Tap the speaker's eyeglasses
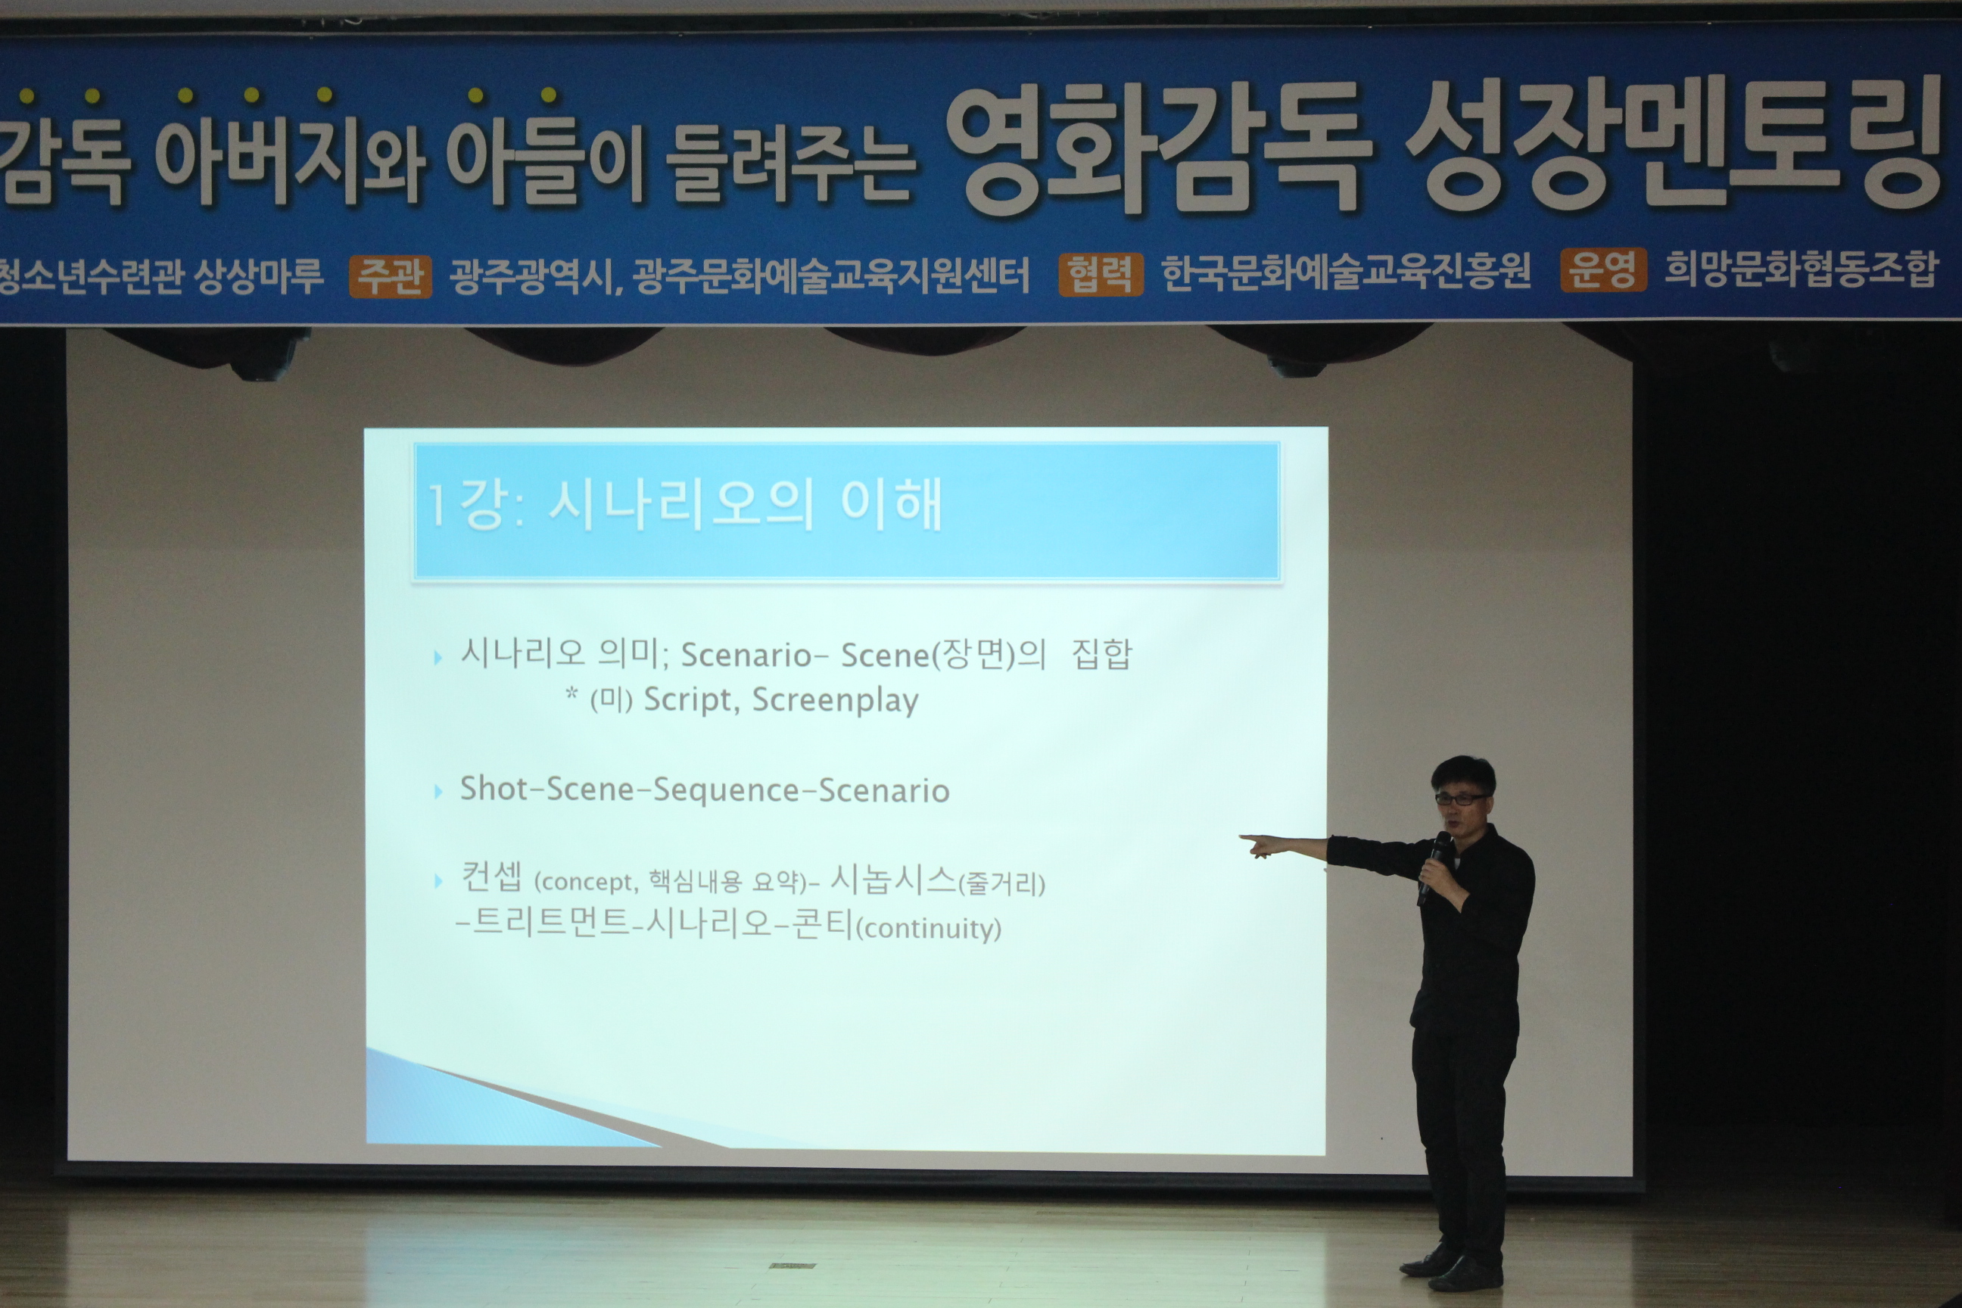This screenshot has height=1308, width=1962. [x=1461, y=799]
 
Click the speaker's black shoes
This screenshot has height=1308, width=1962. [x=1452, y=1267]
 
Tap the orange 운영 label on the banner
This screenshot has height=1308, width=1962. [x=1603, y=270]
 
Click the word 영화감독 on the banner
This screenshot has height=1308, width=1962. [x=1159, y=150]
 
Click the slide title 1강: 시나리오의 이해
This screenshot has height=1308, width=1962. [x=685, y=505]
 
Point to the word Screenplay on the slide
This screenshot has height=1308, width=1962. [x=835, y=701]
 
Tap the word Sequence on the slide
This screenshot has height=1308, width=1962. [x=725, y=790]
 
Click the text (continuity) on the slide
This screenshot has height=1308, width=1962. [x=929, y=930]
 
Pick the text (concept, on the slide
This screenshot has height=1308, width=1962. [x=586, y=883]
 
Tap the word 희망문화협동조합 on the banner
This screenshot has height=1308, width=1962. [x=1801, y=269]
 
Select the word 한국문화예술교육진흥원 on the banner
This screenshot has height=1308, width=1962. [x=1347, y=272]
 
